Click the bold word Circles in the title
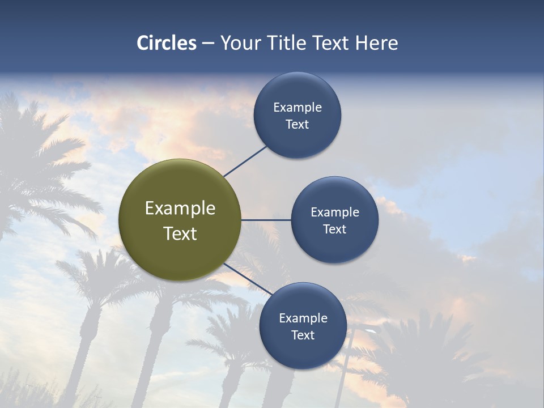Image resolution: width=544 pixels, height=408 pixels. coord(167,43)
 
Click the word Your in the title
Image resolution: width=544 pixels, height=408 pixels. coord(241,43)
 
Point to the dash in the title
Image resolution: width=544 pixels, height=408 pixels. coord(208,44)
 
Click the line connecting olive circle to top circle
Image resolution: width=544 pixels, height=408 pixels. coord(245,161)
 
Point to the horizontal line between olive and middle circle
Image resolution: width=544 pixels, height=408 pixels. coord(266,220)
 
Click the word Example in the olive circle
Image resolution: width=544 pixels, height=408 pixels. coord(180,209)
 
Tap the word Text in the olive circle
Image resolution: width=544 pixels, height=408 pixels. coord(180,233)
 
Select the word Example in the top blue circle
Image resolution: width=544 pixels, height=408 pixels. coord(297,107)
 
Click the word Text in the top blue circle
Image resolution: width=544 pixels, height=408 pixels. coord(297,124)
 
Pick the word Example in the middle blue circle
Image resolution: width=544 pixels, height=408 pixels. coord(335,212)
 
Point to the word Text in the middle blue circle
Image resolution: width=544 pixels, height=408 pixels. coord(335,229)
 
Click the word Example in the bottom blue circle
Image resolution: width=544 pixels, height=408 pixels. coord(303,318)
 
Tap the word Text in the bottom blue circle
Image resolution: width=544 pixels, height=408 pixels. coord(303,335)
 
